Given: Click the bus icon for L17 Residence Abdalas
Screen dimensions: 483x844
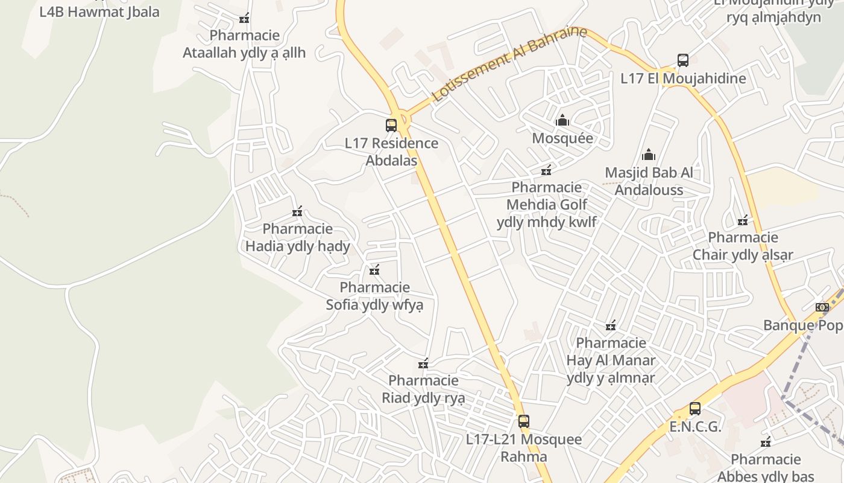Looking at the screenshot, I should (391, 126).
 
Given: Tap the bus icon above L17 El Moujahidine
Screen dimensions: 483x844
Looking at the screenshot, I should (682, 60).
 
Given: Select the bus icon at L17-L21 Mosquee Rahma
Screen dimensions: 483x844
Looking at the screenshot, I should (523, 421).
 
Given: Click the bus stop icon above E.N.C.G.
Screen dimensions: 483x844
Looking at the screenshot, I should (694, 409).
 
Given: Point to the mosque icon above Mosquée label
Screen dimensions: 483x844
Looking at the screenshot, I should (562, 120).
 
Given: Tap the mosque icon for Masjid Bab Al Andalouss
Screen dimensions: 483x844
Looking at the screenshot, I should (649, 155).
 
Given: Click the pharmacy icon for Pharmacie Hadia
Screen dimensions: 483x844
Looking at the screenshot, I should (297, 211).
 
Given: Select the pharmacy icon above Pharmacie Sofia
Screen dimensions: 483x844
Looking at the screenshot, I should (374, 270).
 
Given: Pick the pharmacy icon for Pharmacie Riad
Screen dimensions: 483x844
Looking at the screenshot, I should (423, 363).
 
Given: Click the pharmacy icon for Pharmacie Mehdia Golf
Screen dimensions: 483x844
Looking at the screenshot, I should (546, 170).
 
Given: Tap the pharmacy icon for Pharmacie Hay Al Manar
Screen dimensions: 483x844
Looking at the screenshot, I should (611, 326).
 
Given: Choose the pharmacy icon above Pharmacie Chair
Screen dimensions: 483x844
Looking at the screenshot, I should (743, 220).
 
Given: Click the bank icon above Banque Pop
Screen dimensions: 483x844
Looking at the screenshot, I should (822, 307).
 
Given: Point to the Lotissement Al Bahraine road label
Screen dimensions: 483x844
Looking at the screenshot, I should (509, 63).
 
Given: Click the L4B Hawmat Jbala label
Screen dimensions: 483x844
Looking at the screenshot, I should (99, 12).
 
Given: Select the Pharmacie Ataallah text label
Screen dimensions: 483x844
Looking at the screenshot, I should (244, 44).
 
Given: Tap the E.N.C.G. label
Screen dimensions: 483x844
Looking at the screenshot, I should (695, 427).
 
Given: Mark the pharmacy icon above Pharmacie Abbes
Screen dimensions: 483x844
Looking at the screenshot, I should (766, 443).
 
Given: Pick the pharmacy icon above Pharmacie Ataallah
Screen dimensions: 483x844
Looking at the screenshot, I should (244, 19).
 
